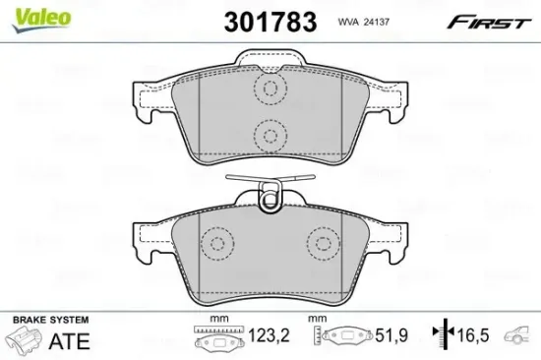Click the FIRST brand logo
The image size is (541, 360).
point(493,20)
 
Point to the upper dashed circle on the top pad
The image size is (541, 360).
point(268,90)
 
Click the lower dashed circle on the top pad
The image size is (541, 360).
point(268,136)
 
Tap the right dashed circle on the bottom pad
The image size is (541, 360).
point(322,243)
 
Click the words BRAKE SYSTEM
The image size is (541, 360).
point(48,320)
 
